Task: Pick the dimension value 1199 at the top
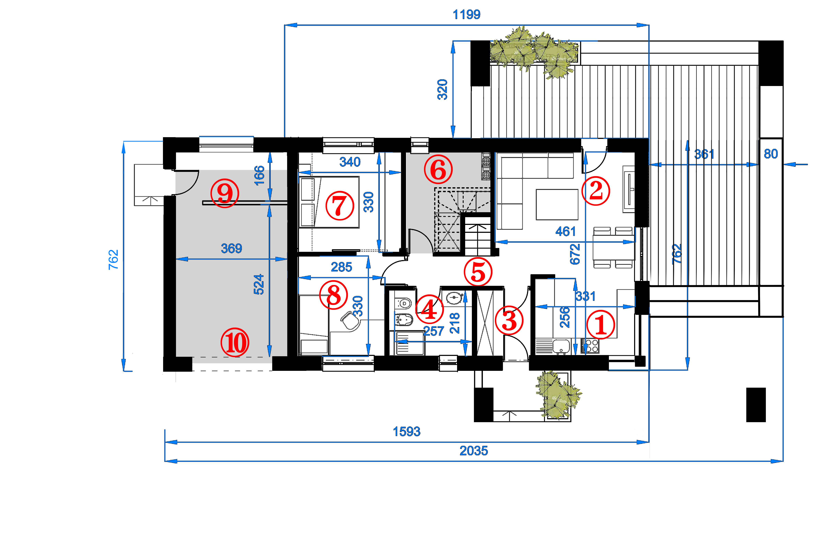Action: point(466,15)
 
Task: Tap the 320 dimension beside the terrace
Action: point(442,89)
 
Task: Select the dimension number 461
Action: point(566,232)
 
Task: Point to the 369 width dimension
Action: point(231,248)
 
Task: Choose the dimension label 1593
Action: point(407,432)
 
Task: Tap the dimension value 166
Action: point(259,175)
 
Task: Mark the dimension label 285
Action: point(342,267)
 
